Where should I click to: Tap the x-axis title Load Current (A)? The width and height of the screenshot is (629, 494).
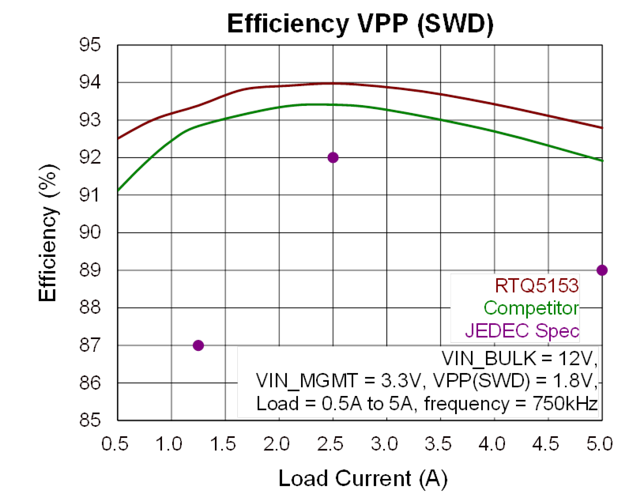(x=360, y=478)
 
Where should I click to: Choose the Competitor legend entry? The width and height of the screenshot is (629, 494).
(x=531, y=308)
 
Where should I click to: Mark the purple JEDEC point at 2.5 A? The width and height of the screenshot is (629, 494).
(x=333, y=157)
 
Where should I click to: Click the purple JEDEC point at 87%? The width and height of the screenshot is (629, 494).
(x=198, y=345)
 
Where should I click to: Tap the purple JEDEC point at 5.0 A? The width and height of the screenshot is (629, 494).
(x=602, y=270)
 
